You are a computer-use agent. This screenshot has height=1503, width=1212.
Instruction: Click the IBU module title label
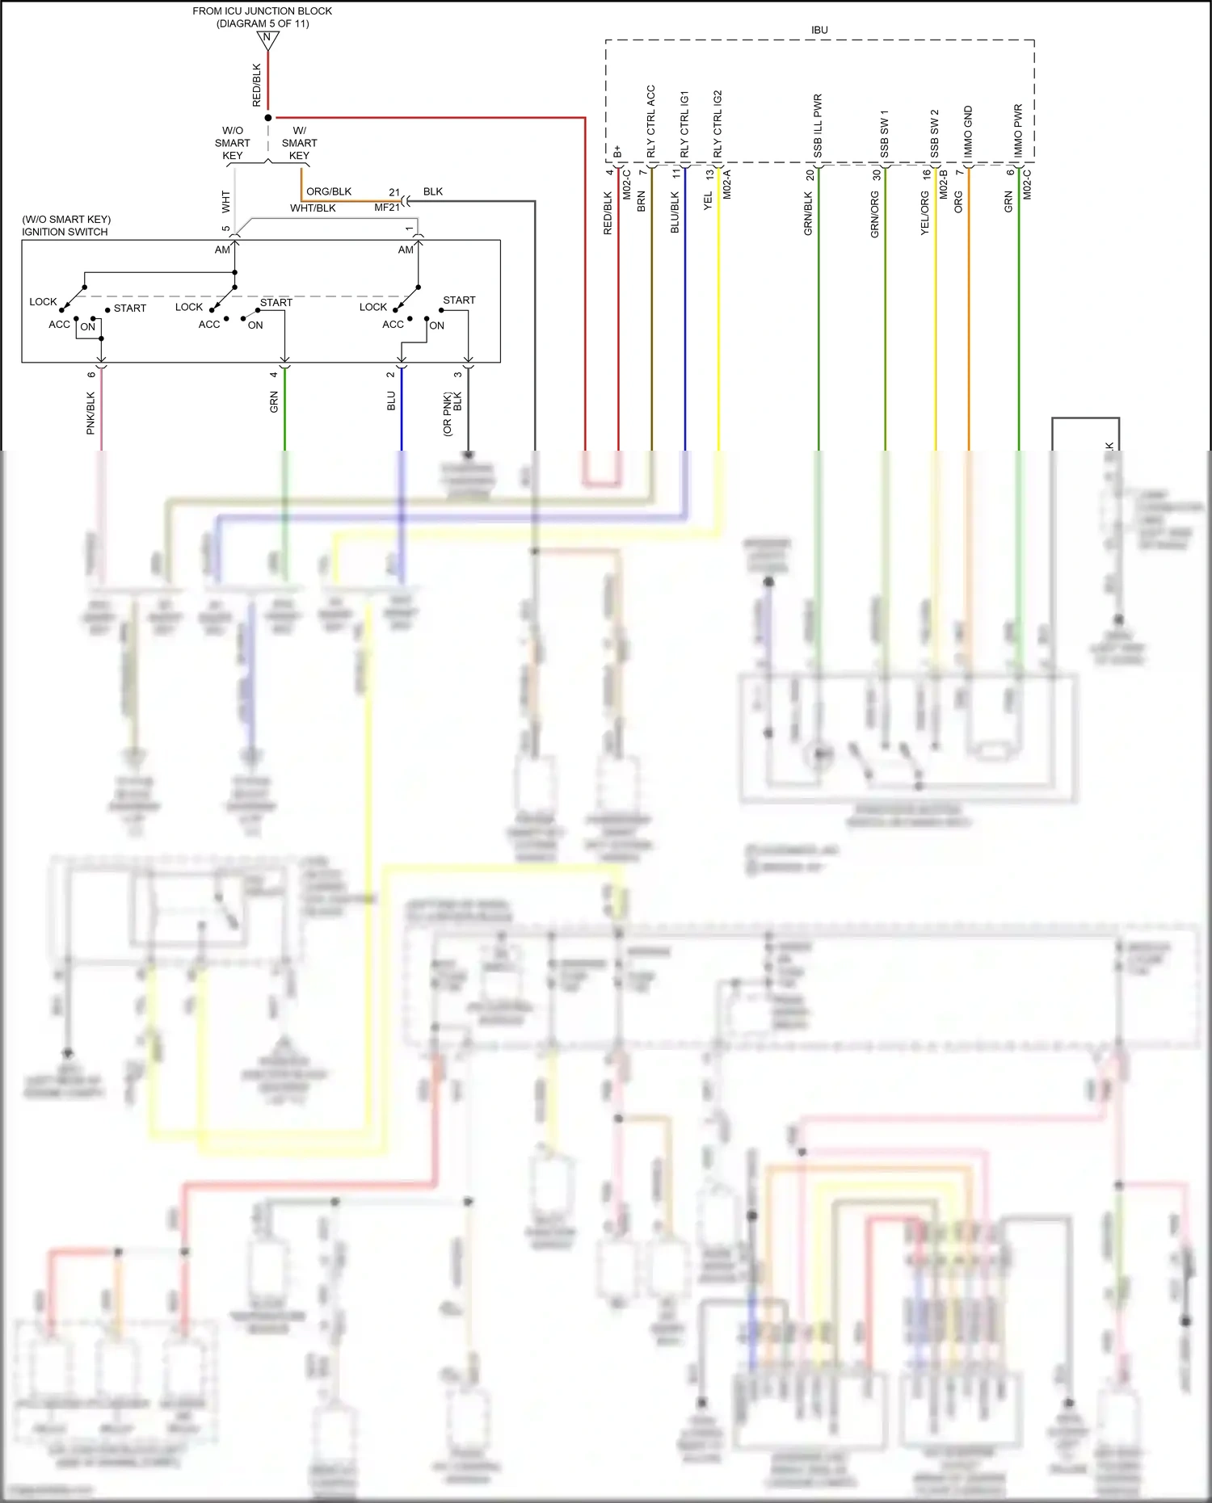819,30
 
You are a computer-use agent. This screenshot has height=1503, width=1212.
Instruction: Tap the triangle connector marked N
267,38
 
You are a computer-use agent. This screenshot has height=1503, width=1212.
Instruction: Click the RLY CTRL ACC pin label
651,121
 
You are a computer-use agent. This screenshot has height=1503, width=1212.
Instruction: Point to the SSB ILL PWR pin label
818,125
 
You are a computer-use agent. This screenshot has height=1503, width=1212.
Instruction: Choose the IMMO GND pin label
968,132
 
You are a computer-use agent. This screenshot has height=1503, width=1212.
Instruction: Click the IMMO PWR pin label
1018,130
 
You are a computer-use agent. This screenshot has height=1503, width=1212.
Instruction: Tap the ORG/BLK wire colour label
329,191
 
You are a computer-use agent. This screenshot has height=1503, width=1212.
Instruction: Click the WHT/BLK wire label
313,208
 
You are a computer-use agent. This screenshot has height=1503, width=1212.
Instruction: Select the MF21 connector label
387,208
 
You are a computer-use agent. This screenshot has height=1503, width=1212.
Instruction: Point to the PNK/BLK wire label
90,414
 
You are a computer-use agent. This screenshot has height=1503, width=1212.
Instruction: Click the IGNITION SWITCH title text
65,232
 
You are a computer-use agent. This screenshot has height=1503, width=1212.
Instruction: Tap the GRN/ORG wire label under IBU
874,214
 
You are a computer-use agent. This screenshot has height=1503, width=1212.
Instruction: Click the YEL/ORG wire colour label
924,214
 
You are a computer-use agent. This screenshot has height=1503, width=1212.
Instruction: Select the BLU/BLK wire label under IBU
675,212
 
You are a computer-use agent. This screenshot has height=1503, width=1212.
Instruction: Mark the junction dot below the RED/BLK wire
268,118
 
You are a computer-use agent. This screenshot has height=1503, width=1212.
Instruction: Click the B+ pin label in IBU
618,151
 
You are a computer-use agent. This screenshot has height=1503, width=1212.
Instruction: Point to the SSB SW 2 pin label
935,133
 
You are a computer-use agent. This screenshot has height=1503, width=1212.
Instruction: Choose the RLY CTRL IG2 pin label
718,124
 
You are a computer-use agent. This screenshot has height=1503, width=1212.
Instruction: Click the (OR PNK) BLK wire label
452,414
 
